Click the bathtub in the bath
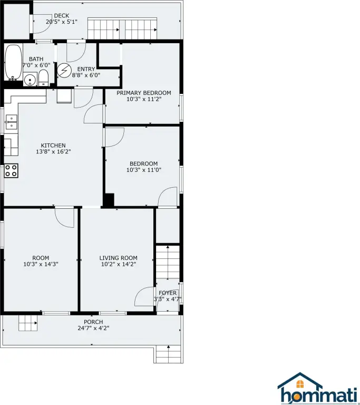coord(13,63)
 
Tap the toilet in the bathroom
coord(43,78)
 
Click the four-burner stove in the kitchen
coord(11,170)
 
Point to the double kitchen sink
coord(11,122)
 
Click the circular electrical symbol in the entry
coord(64,71)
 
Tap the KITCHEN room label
coord(53,146)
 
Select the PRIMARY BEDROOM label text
coord(143,93)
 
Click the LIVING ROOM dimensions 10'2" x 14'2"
coord(119,264)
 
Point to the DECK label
coord(62,16)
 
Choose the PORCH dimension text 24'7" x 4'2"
coord(93,329)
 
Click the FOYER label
coord(168,293)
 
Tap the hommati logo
coord(318,388)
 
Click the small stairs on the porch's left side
coord(28,323)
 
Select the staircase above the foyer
coord(168,262)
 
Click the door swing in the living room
coord(144,296)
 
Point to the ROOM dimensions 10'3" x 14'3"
coord(41,264)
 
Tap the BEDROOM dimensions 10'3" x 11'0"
coord(144,170)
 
